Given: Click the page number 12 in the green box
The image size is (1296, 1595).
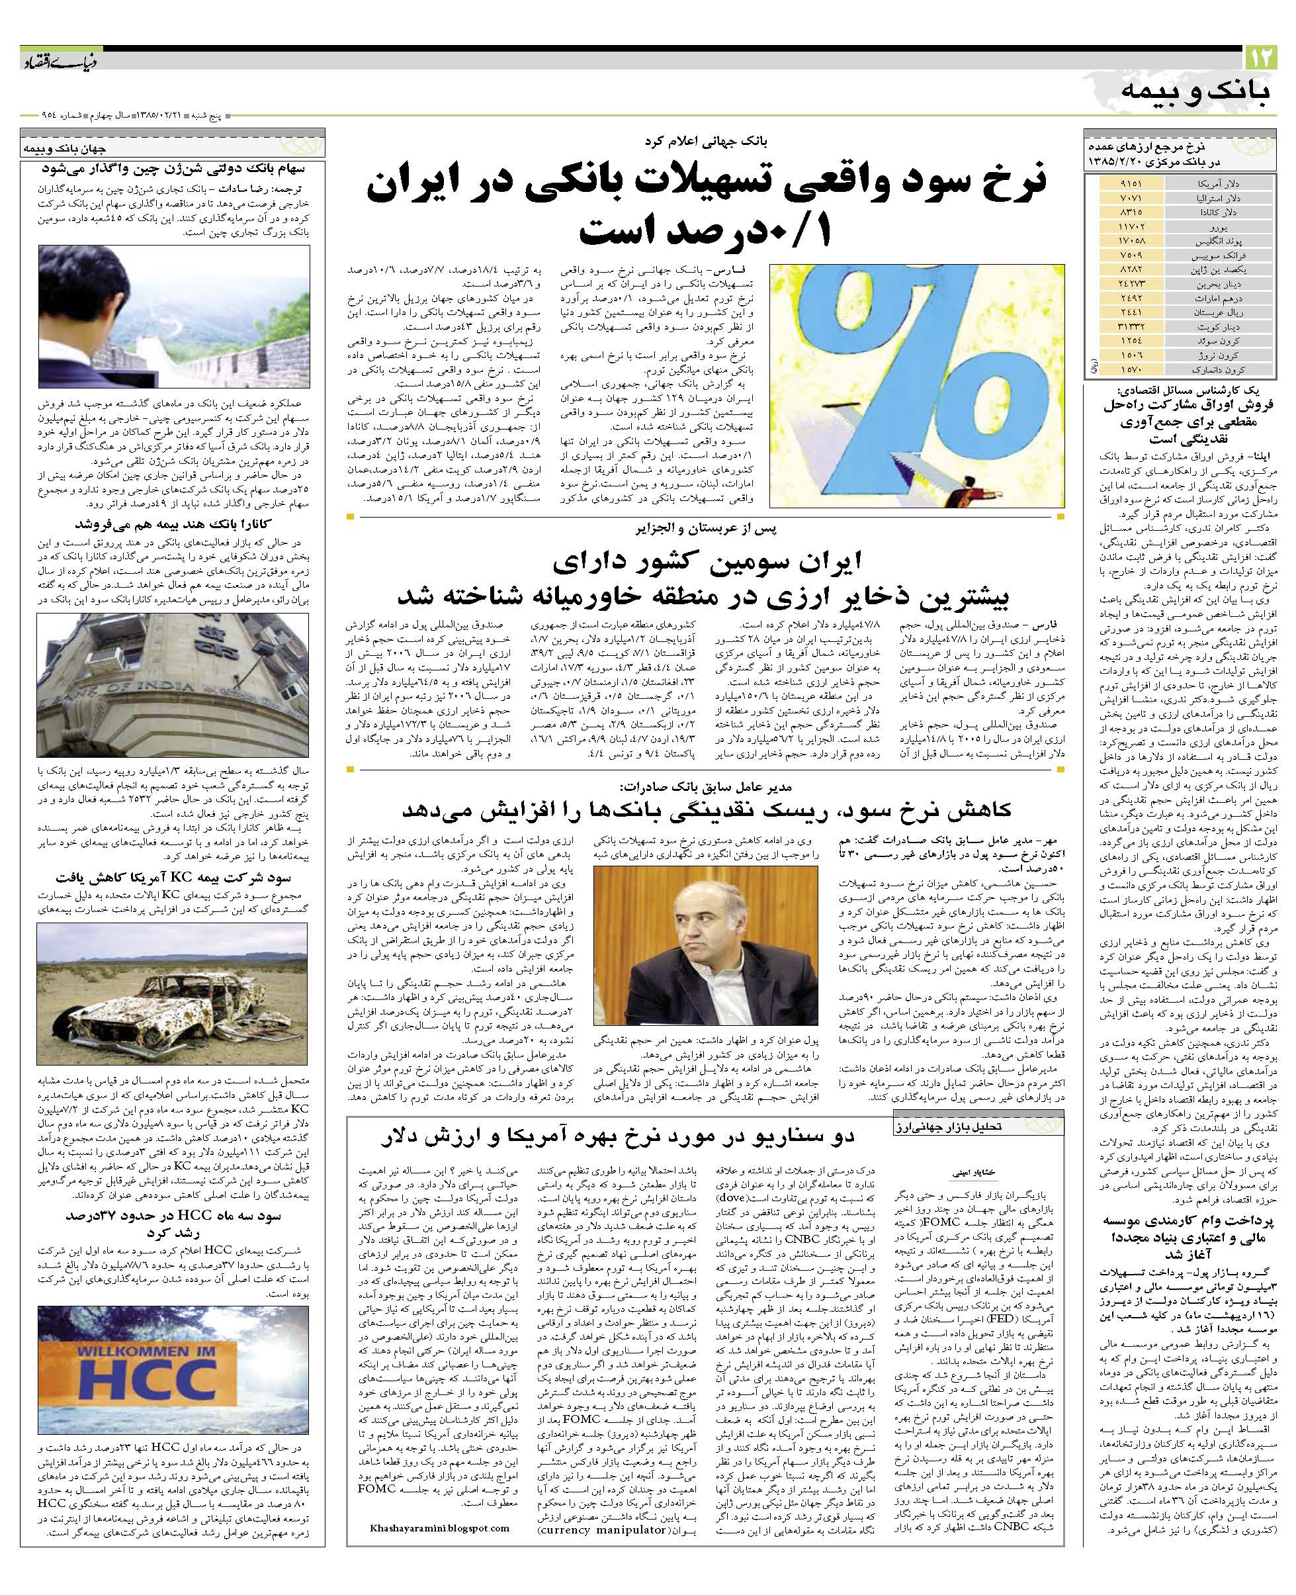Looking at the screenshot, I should coord(1262,58).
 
